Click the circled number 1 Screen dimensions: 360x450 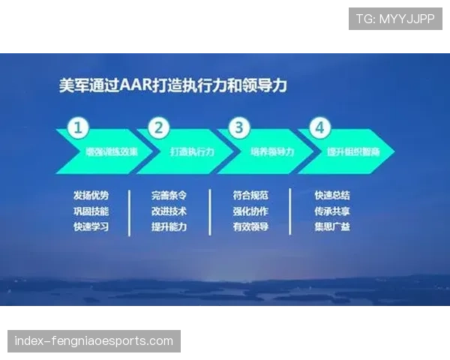(77, 127)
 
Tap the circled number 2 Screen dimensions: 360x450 (158, 127)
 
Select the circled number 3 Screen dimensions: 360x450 (238, 127)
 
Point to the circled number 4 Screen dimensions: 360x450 (319, 127)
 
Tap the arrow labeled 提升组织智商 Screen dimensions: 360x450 (351, 151)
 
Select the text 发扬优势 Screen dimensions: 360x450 (91, 195)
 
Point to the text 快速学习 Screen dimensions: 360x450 (91, 226)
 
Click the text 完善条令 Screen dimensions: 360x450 (169, 195)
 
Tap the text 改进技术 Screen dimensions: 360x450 (169, 211)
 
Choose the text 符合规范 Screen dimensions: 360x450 (250, 195)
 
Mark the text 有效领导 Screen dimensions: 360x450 (250, 226)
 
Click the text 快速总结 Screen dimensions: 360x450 (332, 195)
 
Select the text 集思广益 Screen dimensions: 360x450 (332, 226)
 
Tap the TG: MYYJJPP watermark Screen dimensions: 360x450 (395, 19)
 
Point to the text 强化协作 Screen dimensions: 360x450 (250, 211)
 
